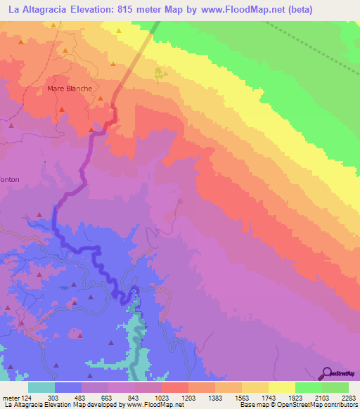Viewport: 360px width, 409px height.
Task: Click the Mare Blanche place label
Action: pos(70,89)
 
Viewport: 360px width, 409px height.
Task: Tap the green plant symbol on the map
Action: pos(161,72)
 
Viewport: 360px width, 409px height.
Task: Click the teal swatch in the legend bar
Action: pos(41,388)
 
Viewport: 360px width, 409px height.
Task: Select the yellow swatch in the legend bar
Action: pos(281,388)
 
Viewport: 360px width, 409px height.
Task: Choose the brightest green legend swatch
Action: pos(308,388)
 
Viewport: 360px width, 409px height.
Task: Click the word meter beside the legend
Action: pos(10,397)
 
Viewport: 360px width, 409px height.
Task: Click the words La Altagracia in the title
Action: pos(36,9)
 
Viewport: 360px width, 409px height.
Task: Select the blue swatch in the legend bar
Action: pos(68,388)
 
